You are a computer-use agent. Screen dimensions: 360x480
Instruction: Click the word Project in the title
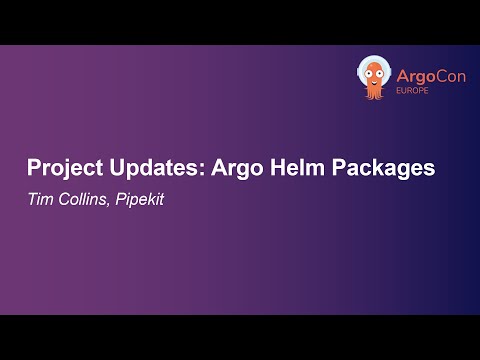point(59,168)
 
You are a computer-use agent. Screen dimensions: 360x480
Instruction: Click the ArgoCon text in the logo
point(422,76)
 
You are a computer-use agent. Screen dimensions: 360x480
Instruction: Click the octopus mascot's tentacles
point(374,95)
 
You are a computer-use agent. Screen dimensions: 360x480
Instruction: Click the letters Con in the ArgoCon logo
point(440,76)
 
